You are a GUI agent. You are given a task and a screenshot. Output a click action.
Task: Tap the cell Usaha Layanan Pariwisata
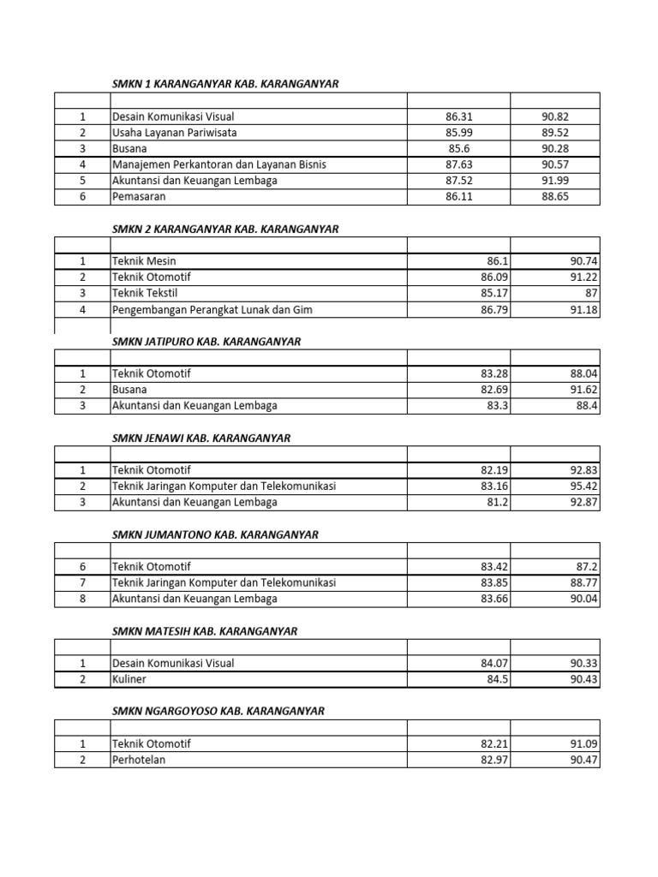174,133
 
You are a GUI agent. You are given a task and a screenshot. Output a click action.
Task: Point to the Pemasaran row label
139,197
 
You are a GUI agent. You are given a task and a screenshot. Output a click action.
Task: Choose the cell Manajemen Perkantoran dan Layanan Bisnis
218,164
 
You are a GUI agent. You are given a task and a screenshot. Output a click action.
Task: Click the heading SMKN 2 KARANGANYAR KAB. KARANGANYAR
225,229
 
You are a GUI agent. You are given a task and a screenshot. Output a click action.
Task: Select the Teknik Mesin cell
144,260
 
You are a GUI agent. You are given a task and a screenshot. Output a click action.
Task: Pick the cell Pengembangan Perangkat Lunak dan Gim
212,309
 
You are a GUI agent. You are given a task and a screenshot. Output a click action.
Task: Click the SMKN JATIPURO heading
206,341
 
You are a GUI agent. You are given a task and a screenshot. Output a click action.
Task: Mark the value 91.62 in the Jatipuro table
579,390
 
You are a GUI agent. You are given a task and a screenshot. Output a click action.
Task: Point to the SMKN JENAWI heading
201,438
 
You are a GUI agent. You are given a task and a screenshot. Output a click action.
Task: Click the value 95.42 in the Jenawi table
579,486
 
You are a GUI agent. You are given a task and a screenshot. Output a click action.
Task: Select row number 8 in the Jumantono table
83,599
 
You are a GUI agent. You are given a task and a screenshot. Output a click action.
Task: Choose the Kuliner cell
129,679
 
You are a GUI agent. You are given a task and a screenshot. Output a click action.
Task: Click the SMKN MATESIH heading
205,631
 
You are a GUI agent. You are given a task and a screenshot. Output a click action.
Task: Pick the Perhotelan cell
137,760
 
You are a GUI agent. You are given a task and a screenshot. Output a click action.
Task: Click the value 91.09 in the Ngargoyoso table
579,744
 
